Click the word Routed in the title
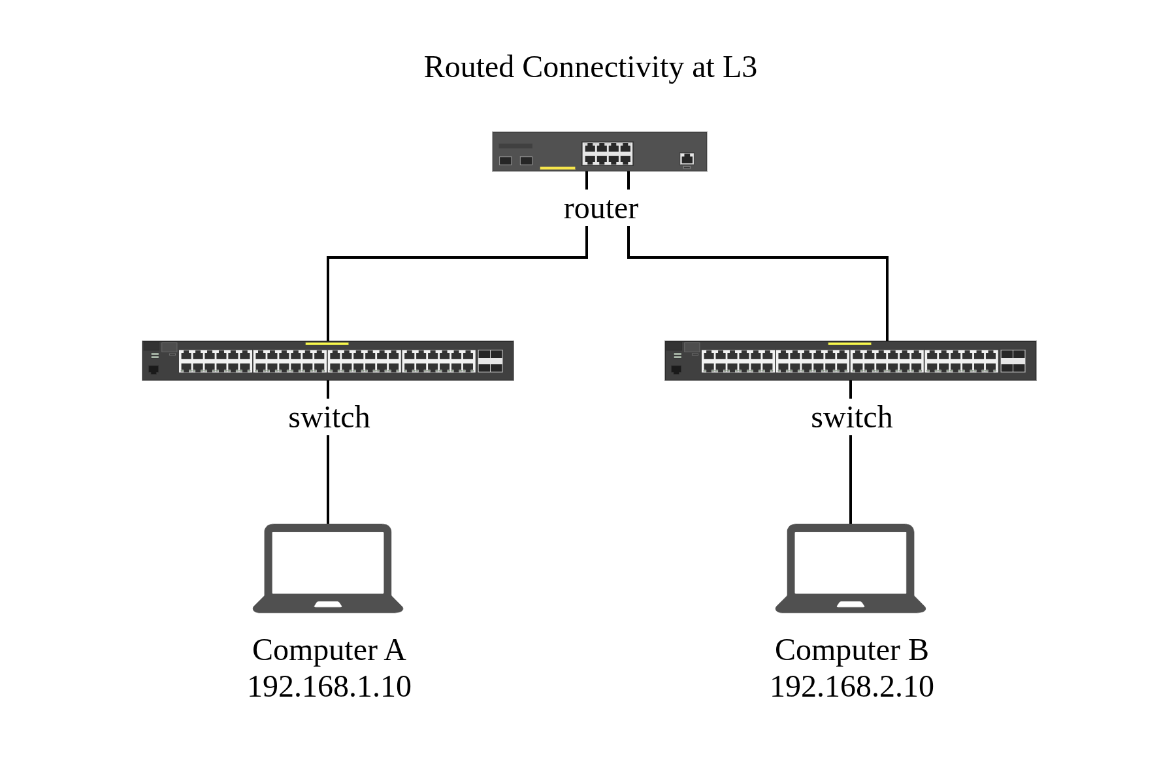click(x=468, y=67)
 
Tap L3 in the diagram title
click(x=740, y=67)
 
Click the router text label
click(x=600, y=208)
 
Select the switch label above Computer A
click(x=329, y=418)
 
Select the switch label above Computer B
click(x=851, y=418)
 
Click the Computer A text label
click(x=329, y=650)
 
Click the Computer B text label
click(x=851, y=650)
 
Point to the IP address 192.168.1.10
click(x=329, y=687)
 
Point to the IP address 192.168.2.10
click(x=851, y=687)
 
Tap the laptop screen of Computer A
click(x=328, y=562)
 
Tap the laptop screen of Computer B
click(x=851, y=562)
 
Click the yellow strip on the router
click(x=557, y=168)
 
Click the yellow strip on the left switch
click(x=327, y=343)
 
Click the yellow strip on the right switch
click(x=849, y=343)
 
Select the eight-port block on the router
click(x=608, y=154)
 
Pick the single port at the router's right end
click(x=687, y=158)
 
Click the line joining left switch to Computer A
click(x=328, y=480)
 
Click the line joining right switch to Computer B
click(x=851, y=480)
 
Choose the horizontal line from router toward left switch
click(x=457, y=258)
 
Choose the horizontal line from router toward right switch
click(x=758, y=257)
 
